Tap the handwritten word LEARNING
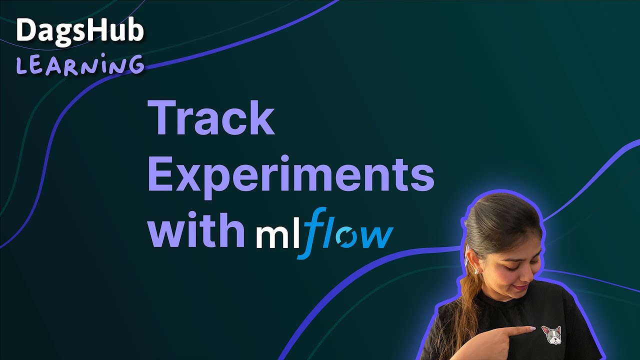pos(80,66)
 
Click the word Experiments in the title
pos(290,176)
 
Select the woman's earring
pos(476,270)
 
